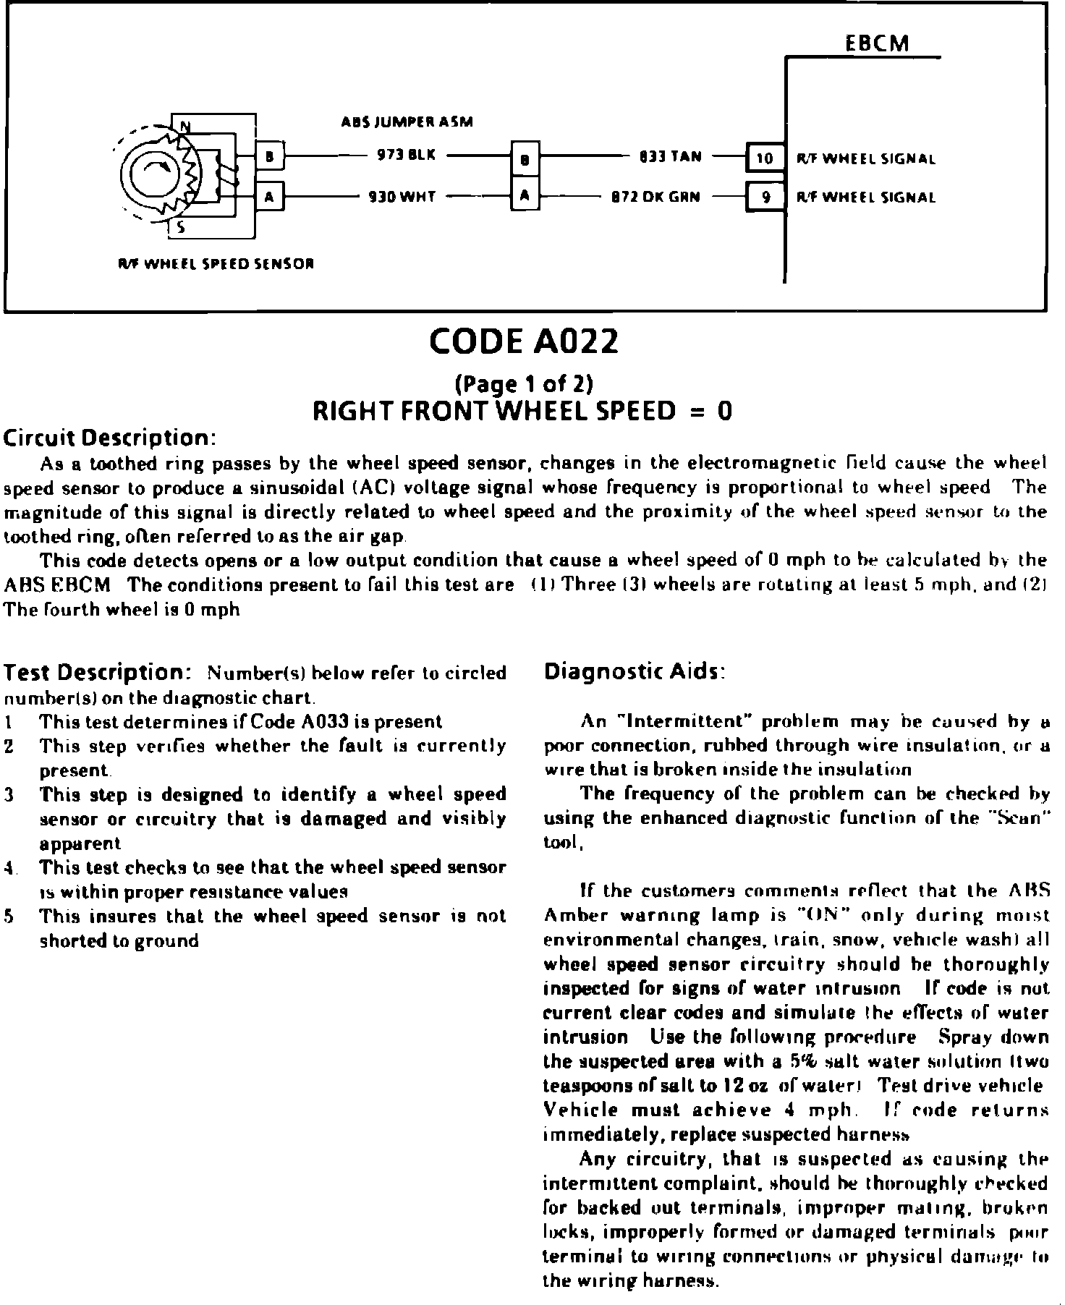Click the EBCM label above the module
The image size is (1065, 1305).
(x=877, y=43)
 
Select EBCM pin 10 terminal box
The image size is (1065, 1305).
(x=765, y=158)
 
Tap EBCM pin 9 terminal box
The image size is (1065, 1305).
(x=765, y=197)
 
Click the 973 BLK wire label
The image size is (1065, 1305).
(x=406, y=156)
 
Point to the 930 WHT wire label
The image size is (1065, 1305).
(x=402, y=196)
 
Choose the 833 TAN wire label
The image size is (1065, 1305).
(x=670, y=156)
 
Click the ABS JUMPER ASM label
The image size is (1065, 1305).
(x=407, y=122)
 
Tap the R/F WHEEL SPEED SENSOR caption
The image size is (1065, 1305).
(x=216, y=263)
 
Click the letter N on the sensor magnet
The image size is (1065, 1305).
(x=185, y=127)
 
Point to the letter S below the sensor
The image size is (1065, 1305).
(x=182, y=229)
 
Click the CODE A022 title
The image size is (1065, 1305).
(x=524, y=341)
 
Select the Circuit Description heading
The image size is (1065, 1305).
(x=110, y=438)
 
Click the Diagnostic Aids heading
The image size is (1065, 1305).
(x=634, y=672)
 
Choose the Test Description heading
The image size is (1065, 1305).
(x=97, y=673)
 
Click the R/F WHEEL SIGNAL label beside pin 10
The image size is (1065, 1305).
(x=866, y=158)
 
